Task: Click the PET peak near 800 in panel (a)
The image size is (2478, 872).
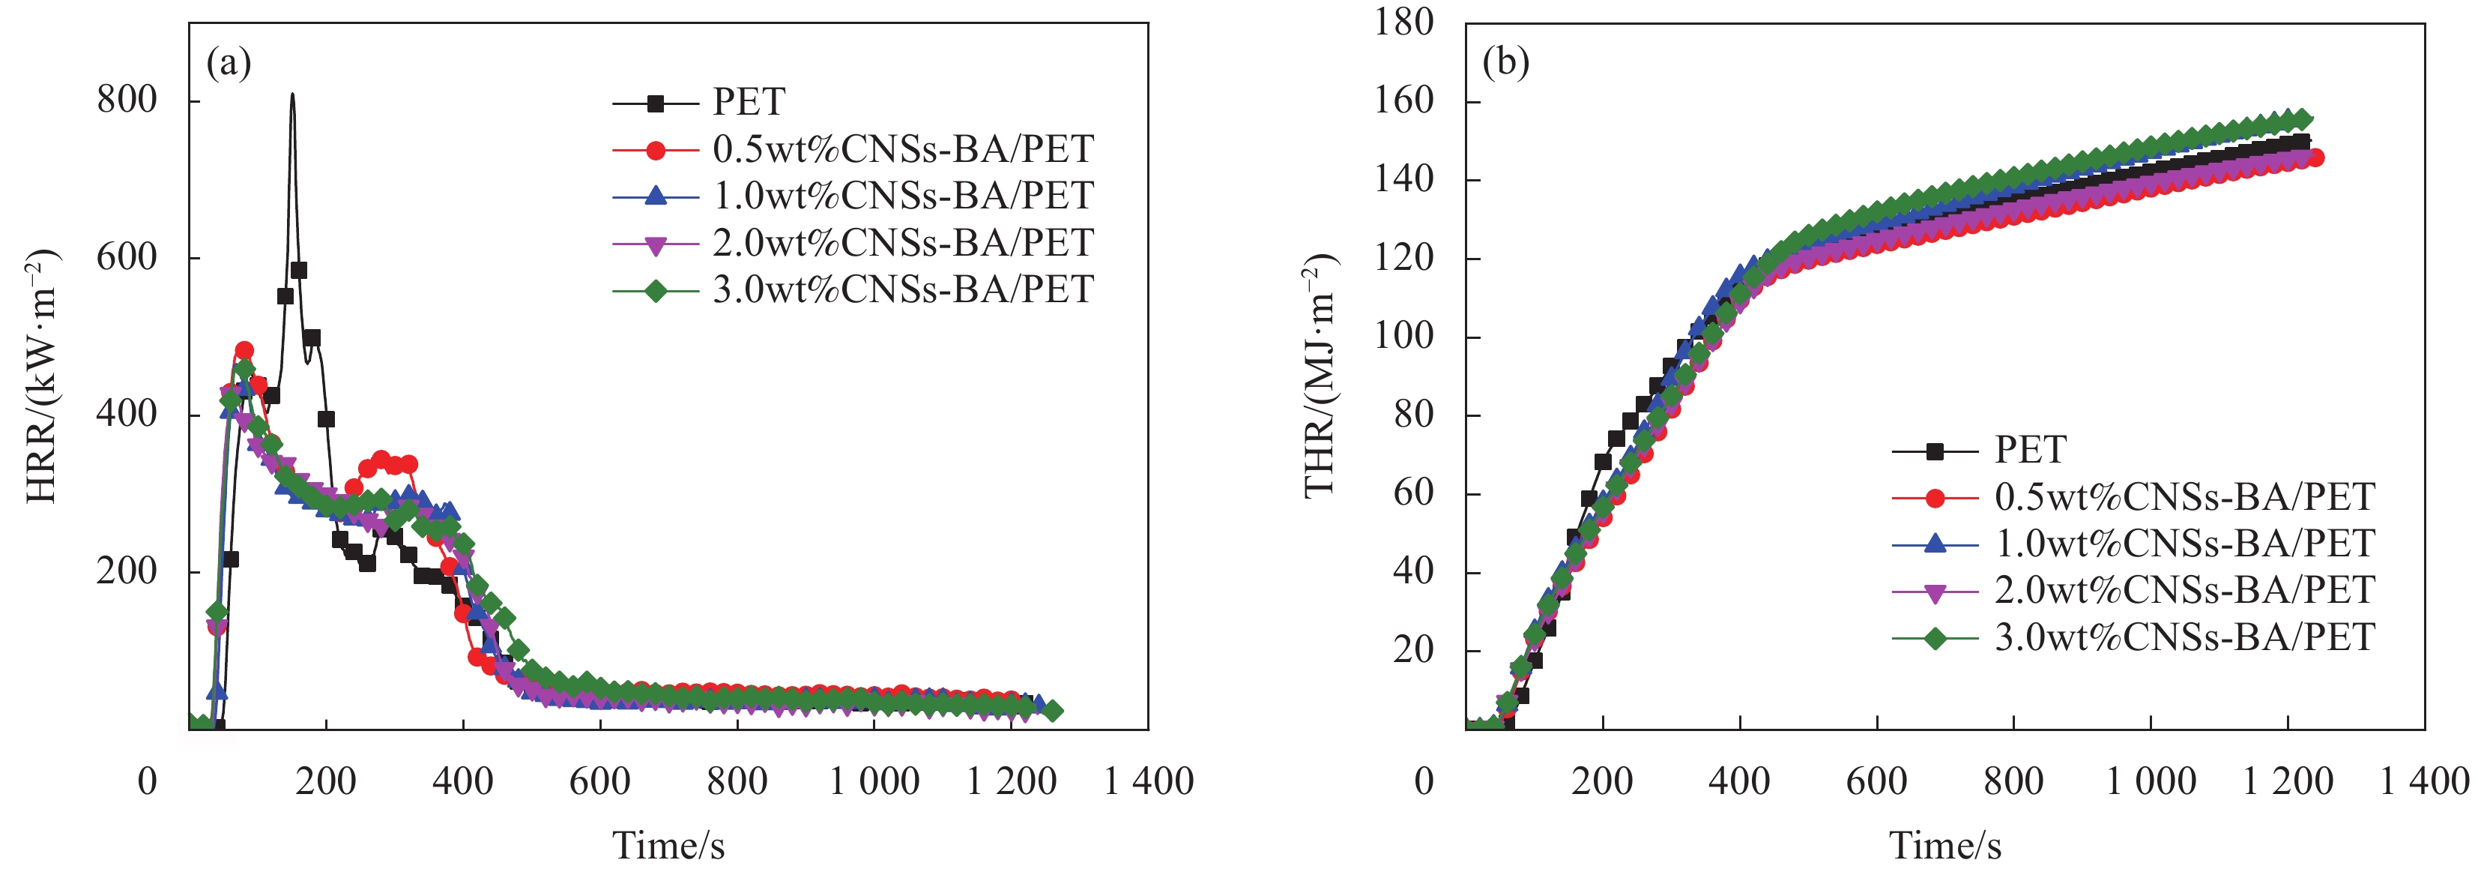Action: coord(292,95)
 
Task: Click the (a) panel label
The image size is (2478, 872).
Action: coord(229,64)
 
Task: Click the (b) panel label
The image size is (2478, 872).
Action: coord(1505,64)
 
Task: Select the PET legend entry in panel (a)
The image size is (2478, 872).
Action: coord(749,102)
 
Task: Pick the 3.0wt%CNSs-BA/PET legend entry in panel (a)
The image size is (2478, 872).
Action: coord(902,289)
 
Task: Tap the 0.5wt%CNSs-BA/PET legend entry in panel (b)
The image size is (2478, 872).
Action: coord(2184,496)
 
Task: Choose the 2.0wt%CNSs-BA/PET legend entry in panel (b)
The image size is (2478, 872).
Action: coord(2184,590)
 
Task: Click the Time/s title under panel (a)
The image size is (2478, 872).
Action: coord(668,845)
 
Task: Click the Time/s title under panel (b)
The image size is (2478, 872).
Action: coord(1945,845)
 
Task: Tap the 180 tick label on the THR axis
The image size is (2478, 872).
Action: coord(1403,22)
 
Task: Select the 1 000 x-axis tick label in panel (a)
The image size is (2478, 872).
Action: coord(874,781)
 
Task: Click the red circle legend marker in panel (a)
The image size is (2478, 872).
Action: coord(655,150)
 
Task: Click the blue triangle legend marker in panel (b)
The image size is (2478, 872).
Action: coord(1935,544)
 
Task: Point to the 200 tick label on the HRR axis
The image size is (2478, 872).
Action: coord(126,571)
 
